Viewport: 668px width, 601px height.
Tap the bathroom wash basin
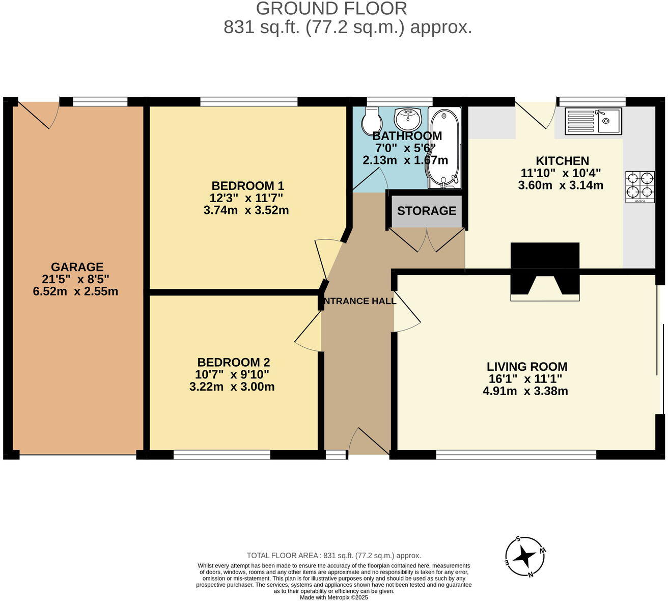(408, 119)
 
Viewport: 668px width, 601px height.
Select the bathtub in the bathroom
(444, 147)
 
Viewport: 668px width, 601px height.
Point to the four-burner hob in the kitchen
(640, 186)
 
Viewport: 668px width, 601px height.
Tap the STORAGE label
(426, 211)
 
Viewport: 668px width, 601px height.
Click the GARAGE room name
(77, 267)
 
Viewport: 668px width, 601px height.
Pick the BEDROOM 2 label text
(233, 362)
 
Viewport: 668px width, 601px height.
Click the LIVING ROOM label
(527, 367)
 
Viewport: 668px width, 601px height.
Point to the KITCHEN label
(562, 161)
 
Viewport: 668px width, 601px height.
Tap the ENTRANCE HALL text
(359, 301)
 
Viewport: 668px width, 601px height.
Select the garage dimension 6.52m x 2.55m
(75, 292)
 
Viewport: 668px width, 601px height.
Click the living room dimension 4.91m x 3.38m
(525, 391)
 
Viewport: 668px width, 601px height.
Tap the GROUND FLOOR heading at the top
(331, 9)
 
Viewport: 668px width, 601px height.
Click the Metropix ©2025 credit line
(333, 597)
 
